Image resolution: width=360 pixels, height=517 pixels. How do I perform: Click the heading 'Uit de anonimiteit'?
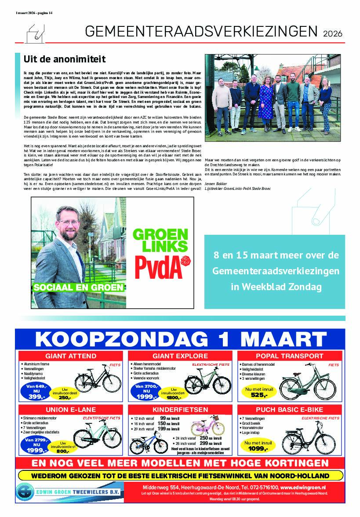click(x=65, y=59)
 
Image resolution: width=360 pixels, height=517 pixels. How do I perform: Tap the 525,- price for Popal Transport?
click(x=259, y=395)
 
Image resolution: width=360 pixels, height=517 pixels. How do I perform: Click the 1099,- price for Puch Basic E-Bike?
click(x=259, y=448)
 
